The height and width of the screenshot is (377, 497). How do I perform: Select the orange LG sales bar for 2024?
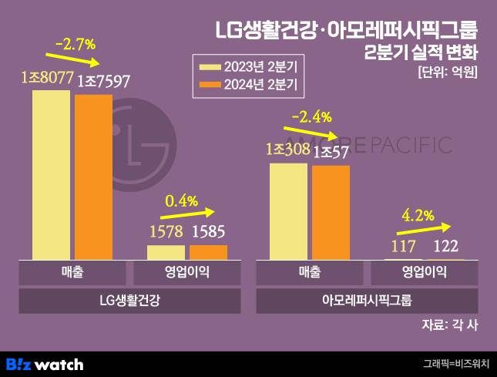[x=93, y=177]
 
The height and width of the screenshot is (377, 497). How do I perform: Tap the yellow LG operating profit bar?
[x=166, y=252]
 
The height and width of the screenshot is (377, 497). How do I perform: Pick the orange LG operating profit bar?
[x=208, y=252]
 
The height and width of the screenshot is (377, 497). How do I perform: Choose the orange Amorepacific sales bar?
[x=331, y=212]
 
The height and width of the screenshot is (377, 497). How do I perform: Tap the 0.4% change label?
[x=183, y=201]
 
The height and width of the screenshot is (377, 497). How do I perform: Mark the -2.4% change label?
[x=312, y=117]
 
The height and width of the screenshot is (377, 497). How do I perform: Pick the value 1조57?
[x=331, y=152]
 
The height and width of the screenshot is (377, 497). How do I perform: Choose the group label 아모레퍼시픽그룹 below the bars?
[x=367, y=300]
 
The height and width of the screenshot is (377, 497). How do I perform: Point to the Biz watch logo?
[x=45, y=364]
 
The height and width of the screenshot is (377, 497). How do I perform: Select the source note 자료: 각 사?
[x=450, y=325]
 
